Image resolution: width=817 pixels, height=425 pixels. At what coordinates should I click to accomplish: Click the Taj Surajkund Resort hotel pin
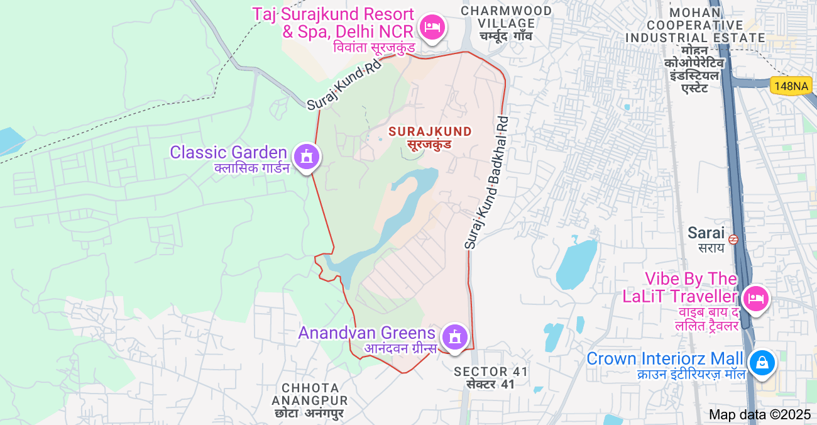[x=432, y=28]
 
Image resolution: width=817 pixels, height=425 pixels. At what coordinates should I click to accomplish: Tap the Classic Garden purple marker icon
[x=307, y=156]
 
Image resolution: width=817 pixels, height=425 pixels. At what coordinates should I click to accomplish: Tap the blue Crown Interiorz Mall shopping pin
[x=762, y=363]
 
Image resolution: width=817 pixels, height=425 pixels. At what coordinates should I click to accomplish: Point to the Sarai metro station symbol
[x=733, y=239]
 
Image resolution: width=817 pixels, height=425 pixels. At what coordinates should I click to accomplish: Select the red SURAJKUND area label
[x=430, y=131]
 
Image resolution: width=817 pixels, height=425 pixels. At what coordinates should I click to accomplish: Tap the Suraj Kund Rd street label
[x=344, y=85]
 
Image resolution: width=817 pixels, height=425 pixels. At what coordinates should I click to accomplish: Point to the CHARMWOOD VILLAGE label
[x=507, y=18]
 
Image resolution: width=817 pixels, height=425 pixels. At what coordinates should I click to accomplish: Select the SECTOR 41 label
[x=491, y=372]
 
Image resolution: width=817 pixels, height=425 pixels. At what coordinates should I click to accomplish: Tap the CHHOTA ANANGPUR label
[x=310, y=394]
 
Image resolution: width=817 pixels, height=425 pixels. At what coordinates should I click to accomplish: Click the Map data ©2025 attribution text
[x=760, y=414]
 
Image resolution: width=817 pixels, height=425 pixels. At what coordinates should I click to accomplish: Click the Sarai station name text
[x=706, y=233]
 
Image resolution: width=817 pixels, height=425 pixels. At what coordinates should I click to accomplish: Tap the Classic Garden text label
[x=228, y=152]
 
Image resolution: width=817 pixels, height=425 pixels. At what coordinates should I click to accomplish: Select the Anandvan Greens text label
[x=366, y=333]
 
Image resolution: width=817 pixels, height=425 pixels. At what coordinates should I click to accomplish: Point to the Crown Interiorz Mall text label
[x=664, y=359]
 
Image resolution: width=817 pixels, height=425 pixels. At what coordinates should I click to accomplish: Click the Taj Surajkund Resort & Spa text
[x=333, y=22]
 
